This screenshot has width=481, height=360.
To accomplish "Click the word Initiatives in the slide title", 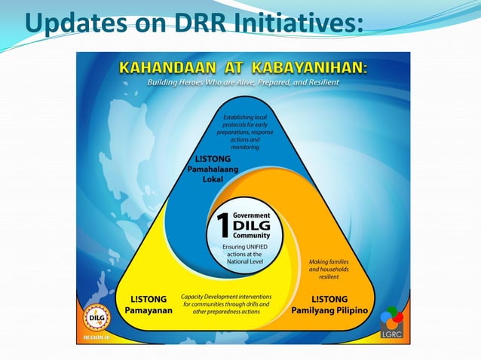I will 295,24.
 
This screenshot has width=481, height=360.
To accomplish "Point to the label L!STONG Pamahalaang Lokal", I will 212,169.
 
